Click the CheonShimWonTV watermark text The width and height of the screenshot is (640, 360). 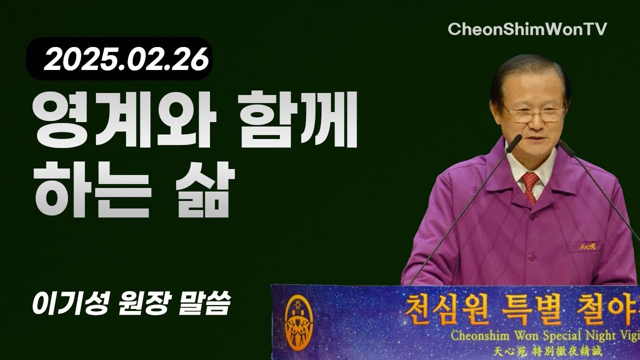coord(527,29)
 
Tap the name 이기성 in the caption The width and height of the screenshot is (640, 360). coord(68,304)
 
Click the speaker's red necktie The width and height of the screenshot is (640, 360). coord(529,185)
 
